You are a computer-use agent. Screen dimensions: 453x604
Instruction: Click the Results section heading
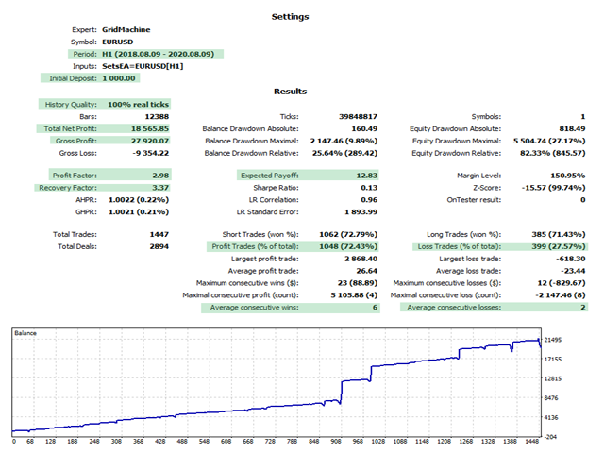pos(290,92)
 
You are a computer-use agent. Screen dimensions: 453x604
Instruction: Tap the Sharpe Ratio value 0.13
pos(359,188)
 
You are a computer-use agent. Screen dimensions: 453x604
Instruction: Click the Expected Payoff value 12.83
pos(355,175)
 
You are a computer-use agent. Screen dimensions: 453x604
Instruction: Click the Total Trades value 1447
pos(159,233)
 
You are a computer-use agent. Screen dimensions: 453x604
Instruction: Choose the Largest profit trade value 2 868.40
pos(349,258)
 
